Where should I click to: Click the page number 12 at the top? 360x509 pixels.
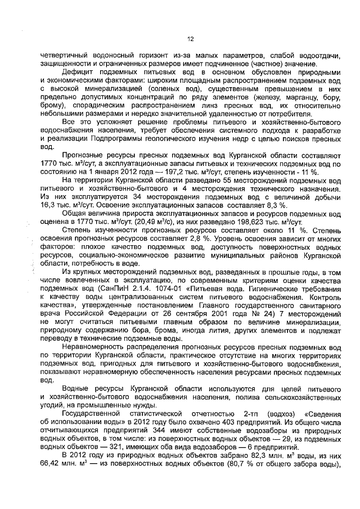[x=190, y=39]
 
